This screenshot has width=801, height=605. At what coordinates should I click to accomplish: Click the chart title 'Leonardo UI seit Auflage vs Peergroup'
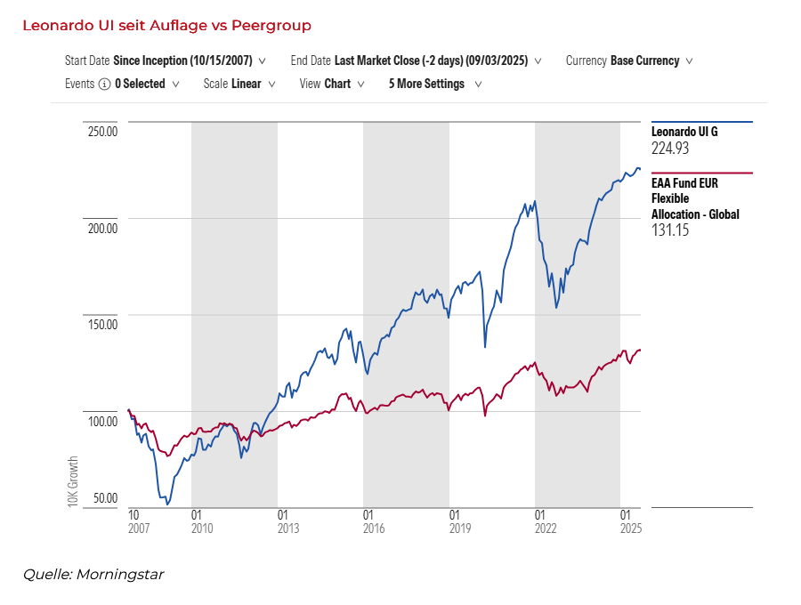coord(166,26)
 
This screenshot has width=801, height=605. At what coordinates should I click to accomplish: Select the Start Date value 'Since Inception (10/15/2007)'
coord(183,61)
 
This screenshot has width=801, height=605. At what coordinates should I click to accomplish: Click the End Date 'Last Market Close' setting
coord(431,61)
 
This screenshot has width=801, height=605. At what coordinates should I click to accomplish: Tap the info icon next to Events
coord(105,85)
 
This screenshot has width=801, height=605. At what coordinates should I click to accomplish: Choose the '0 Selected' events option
coord(140,85)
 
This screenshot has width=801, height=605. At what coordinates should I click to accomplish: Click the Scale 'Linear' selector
coord(246,85)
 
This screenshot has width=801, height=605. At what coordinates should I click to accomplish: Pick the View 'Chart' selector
coord(337,85)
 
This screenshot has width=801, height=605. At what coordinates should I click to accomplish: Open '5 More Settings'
coord(427,85)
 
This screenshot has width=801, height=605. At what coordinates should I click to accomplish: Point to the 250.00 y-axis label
coord(101,132)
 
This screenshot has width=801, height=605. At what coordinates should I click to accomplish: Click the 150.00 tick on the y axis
coord(101,324)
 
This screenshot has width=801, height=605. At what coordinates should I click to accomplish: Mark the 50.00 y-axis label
coord(104,497)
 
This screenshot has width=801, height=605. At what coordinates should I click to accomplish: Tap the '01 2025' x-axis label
coord(630,521)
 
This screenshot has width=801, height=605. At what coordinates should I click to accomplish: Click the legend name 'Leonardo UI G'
coord(684,132)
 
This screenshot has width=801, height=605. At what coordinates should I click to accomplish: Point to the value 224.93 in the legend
coord(670,149)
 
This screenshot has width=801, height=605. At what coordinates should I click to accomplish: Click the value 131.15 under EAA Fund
coord(670,230)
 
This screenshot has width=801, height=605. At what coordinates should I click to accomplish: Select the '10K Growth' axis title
coord(74,481)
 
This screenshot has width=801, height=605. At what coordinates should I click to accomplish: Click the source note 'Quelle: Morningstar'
coord(93,575)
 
